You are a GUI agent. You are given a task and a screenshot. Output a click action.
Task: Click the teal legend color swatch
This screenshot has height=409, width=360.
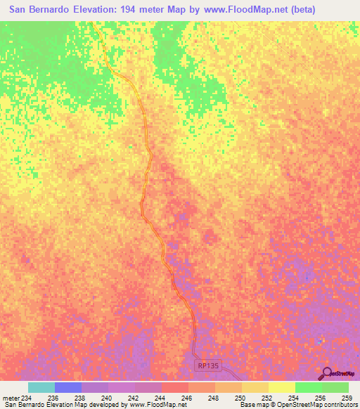point(41,387)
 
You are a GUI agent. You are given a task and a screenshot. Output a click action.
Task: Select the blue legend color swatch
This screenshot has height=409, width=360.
point(68,387)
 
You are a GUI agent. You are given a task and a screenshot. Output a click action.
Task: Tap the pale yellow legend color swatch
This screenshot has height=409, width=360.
point(282,387)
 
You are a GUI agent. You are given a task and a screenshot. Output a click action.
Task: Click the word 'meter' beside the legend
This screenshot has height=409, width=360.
point(10,398)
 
